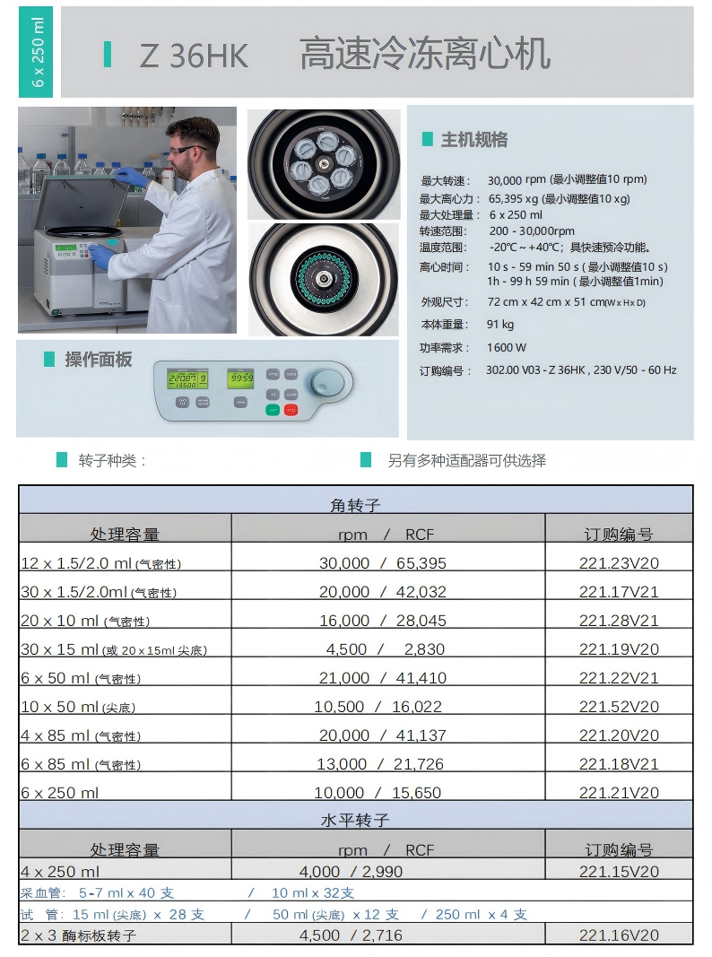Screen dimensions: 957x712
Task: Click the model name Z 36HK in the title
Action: [194, 56]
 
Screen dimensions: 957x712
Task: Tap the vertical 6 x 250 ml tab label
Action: [37, 52]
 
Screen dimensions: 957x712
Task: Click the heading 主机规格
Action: [473, 140]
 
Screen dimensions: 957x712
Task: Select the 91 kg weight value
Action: [500, 325]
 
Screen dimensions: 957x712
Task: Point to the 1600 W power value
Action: [507, 347]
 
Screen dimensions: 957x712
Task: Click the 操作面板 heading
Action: [98, 360]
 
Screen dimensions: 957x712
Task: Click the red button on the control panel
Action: [291, 410]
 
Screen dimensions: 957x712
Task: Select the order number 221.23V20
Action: [619, 563]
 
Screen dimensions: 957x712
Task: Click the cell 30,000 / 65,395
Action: [383, 563]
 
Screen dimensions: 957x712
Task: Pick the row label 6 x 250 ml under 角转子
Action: [60, 793]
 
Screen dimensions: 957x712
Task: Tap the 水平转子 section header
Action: [355, 820]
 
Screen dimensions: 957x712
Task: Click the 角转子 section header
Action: [355, 506]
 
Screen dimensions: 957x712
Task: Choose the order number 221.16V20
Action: [619, 935]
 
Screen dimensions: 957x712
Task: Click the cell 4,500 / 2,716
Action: [351, 935]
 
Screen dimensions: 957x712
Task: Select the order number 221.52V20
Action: [619, 707]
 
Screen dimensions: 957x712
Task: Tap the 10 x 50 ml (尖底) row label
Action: [78, 707]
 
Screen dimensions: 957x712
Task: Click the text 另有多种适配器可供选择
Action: [466, 461]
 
